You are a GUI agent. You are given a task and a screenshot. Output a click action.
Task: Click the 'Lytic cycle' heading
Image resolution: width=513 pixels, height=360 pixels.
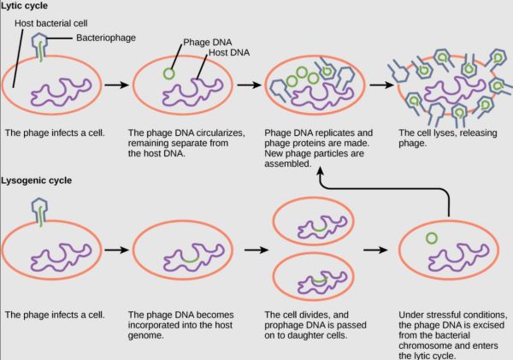(x=24, y=6)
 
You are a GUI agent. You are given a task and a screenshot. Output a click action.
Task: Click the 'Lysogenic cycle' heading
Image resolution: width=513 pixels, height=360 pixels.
(x=36, y=180)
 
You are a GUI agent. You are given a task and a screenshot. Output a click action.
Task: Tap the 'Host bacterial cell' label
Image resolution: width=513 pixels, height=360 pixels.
(x=51, y=23)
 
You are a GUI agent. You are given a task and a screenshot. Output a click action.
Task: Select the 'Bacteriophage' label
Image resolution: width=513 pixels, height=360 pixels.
(x=106, y=38)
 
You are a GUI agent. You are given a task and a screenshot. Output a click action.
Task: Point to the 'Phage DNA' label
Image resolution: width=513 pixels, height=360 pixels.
(x=208, y=42)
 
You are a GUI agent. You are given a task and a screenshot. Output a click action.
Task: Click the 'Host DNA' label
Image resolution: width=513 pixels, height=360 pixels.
(x=229, y=52)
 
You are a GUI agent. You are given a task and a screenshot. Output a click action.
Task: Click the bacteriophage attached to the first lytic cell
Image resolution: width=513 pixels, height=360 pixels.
(x=39, y=47)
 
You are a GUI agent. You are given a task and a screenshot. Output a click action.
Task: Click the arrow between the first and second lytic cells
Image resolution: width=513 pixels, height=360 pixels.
(x=117, y=85)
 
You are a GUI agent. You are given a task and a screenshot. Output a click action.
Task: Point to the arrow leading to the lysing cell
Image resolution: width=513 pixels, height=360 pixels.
(x=382, y=85)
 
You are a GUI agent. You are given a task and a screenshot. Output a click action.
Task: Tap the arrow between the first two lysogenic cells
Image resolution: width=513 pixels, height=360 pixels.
(x=117, y=250)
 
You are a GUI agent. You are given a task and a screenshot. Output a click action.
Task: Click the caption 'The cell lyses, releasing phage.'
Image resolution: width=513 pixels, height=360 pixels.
(x=447, y=139)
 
